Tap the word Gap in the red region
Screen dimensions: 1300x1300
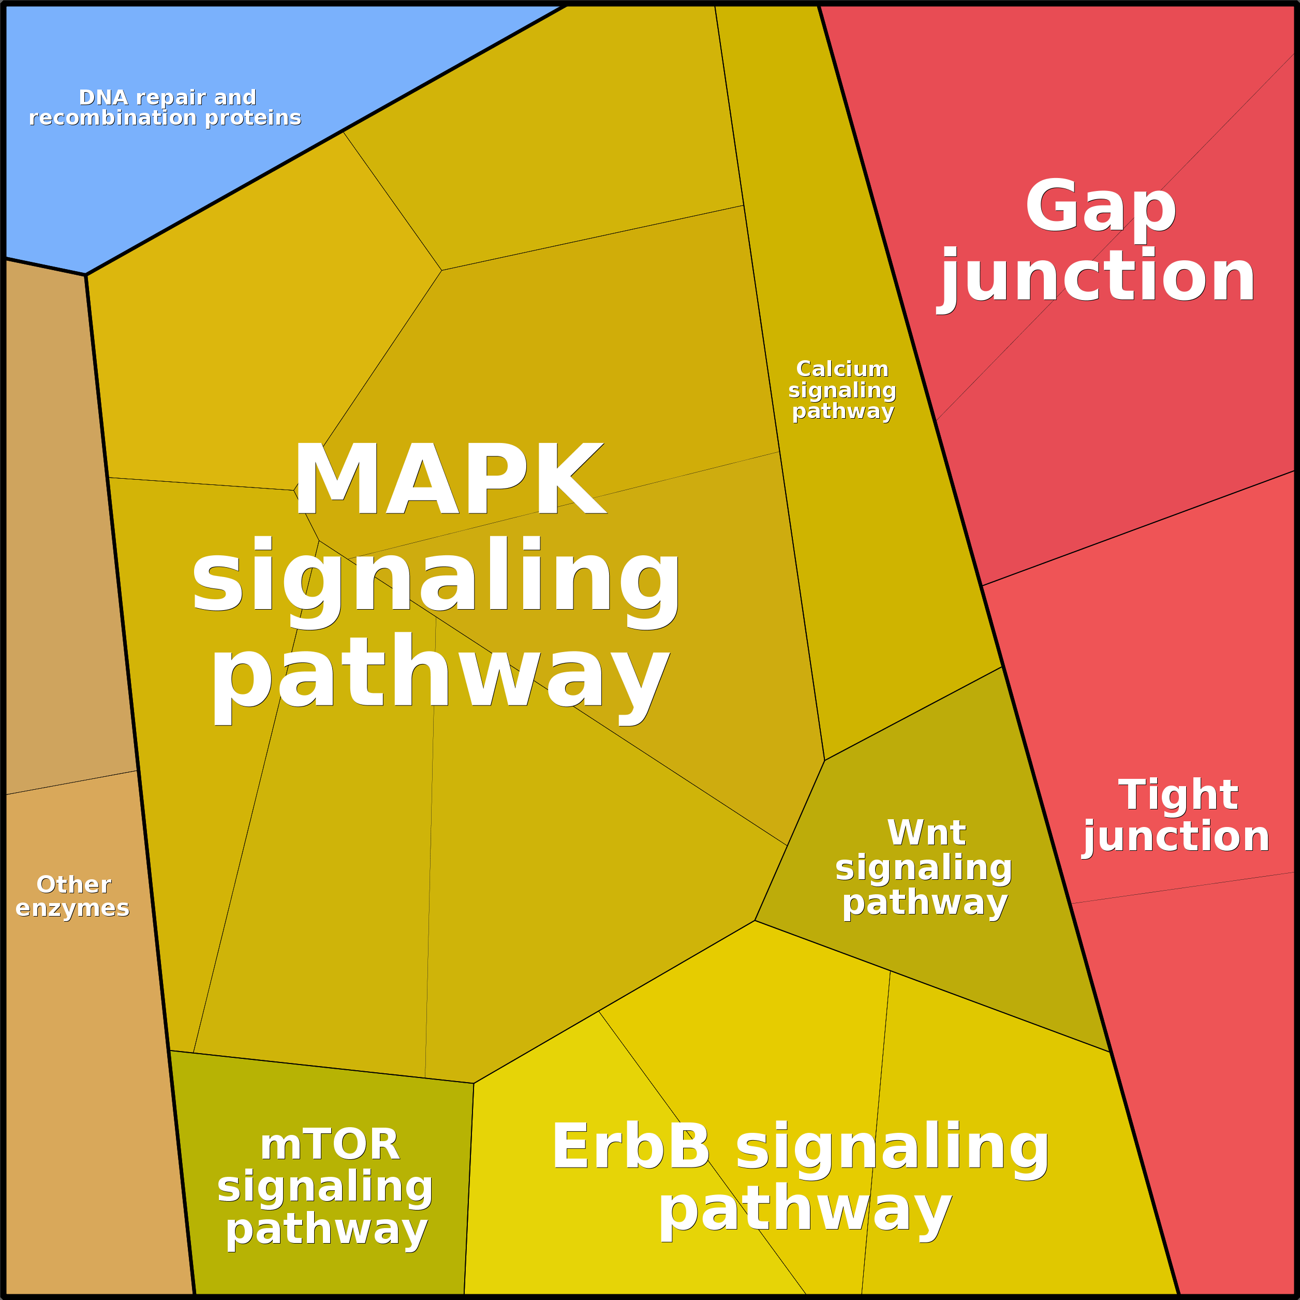(1100, 206)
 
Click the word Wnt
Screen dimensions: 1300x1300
(926, 833)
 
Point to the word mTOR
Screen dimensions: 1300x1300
(330, 1145)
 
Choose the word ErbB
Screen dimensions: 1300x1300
(630, 1147)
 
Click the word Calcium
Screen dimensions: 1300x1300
(842, 369)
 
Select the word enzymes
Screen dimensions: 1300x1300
(72, 908)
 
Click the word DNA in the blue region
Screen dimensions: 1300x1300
(103, 98)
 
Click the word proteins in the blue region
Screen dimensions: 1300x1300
(253, 118)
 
